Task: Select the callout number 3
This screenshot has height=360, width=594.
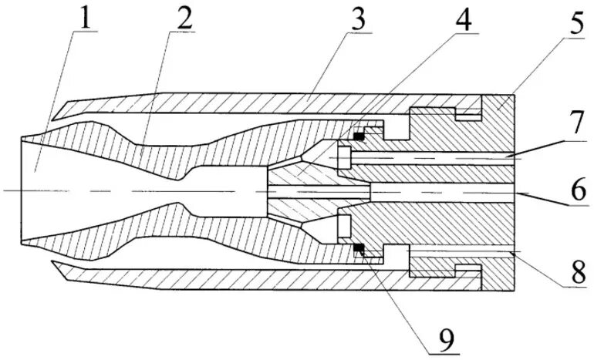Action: (x=356, y=19)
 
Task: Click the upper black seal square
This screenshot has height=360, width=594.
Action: (x=358, y=137)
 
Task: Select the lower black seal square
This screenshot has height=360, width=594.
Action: (x=358, y=248)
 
